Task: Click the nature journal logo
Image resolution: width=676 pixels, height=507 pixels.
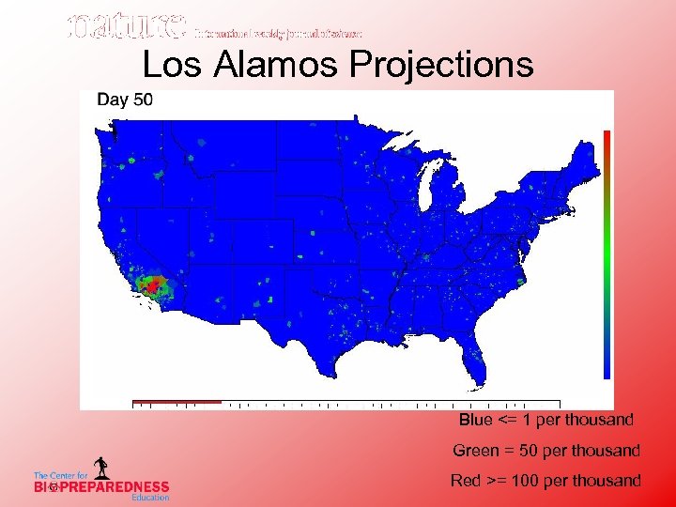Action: coord(126,28)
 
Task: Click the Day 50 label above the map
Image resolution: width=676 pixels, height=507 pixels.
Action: coord(125,100)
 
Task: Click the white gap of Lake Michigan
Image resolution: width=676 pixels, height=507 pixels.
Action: coord(426,193)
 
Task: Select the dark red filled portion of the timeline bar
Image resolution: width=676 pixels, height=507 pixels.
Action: coord(177,402)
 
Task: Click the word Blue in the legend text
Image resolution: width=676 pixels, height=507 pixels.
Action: coord(476,420)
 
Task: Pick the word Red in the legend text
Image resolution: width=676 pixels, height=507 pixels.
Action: coord(466,481)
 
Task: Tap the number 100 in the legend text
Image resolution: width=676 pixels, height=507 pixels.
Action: coord(525,481)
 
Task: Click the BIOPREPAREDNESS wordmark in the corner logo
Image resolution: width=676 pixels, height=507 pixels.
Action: coord(101,486)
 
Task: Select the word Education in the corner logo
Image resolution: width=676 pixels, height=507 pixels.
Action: coord(149,498)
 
